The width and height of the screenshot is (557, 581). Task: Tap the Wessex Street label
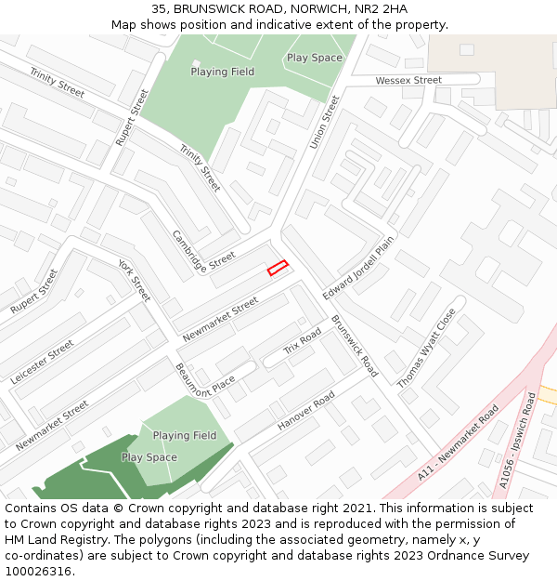click(408, 81)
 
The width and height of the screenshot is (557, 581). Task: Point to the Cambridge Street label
click(204, 248)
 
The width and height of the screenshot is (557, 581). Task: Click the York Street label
click(135, 280)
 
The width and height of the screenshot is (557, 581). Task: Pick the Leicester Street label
click(42, 363)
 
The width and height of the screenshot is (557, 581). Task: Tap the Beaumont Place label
click(205, 379)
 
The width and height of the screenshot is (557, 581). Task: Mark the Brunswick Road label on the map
click(355, 346)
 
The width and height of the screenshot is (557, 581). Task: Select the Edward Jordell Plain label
click(358, 268)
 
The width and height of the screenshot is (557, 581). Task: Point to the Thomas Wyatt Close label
click(427, 349)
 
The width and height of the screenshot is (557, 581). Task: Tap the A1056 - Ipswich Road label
click(517, 441)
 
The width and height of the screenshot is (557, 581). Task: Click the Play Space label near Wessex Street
click(314, 58)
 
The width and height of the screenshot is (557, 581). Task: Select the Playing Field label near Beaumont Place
click(185, 435)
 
